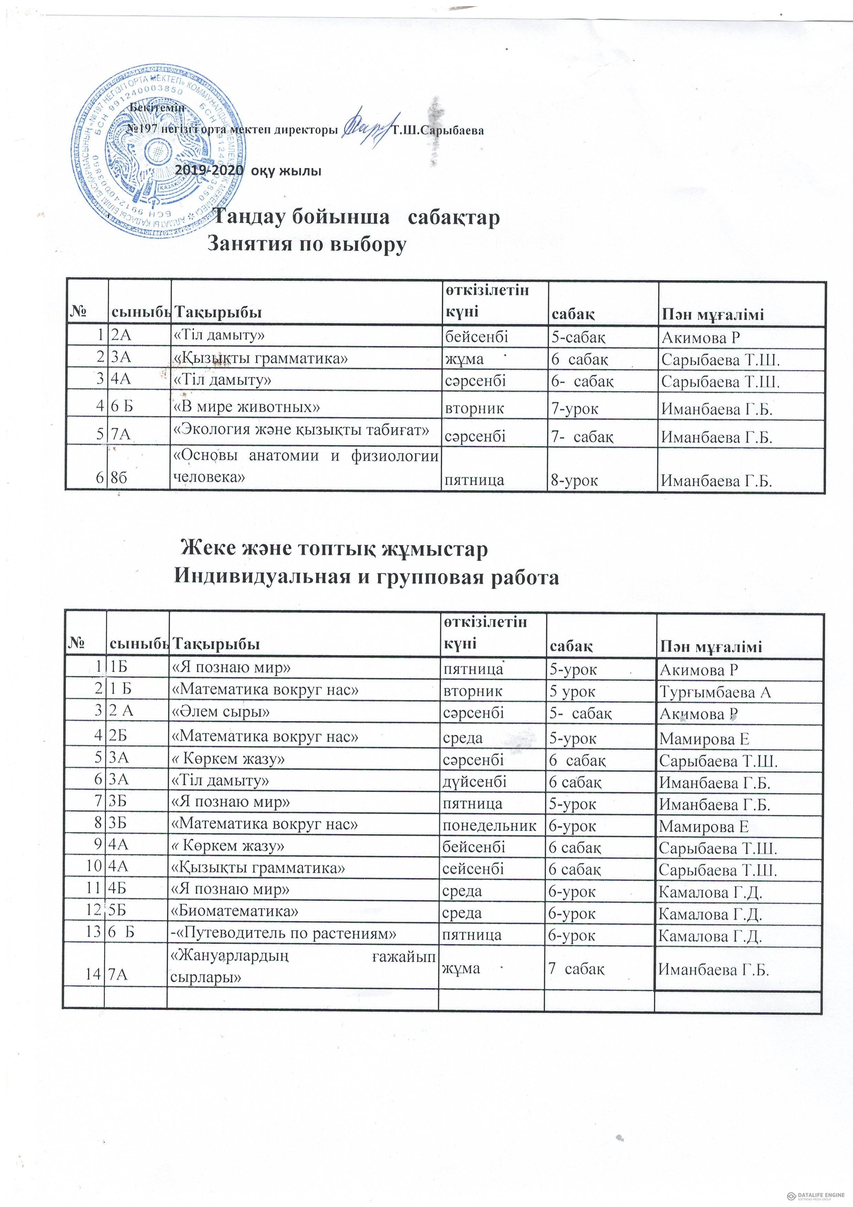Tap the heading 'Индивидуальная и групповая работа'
(x=366, y=577)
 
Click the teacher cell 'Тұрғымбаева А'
(x=715, y=692)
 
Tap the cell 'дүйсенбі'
(x=475, y=781)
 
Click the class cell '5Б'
(x=120, y=911)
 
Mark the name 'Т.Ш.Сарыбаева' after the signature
(x=438, y=130)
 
